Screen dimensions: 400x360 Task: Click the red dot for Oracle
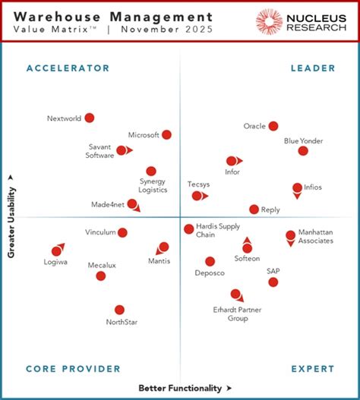[x=273, y=126]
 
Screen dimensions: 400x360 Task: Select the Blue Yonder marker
[x=303, y=151]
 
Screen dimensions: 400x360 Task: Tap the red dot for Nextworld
[x=90, y=118]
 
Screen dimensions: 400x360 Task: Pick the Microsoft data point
[x=166, y=134]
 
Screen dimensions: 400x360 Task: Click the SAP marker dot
[x=273, y=282]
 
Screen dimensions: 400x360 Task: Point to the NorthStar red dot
[x=119, y=310]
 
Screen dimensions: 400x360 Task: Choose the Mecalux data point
[x=100, y=276]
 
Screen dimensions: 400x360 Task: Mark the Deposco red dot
[x=210, y=261]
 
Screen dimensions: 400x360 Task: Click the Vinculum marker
[x=122, y=232]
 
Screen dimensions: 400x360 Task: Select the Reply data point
[x=254, y=209]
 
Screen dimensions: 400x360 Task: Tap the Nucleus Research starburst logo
[x=270, y=21]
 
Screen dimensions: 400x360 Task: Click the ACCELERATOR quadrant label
[x=68, y=68]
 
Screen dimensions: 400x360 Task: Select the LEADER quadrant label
[x=312, y=68]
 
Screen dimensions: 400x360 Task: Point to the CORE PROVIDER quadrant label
[x=73, y=369]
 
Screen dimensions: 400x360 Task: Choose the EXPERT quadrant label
[x=313, y=369]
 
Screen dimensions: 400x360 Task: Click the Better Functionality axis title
[x=180, y=388]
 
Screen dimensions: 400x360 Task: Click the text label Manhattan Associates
[x=315, y=236]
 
